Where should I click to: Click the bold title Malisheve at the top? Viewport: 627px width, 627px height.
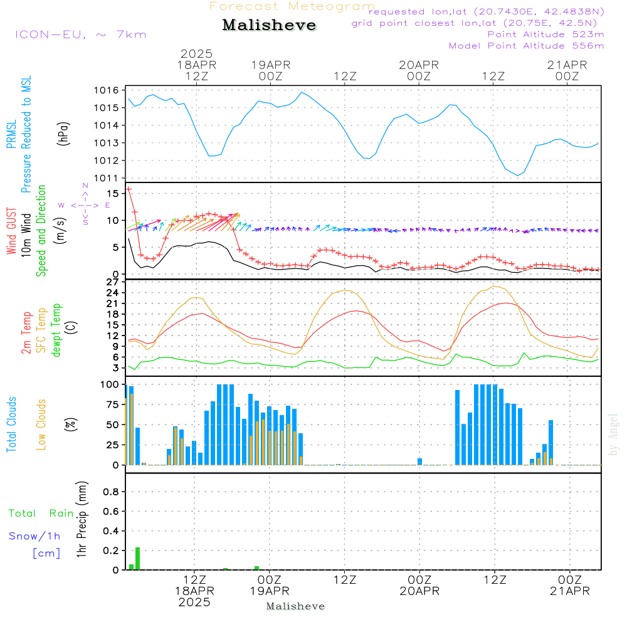(x=269, y=25)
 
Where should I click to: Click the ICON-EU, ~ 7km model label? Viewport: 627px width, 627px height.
(x=80, y=34)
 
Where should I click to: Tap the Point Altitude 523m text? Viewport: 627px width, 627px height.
(x=545, y=34)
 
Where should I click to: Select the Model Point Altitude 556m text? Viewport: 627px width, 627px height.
(x=527, y=46)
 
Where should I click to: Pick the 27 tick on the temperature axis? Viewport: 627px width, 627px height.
(x=113, y=282)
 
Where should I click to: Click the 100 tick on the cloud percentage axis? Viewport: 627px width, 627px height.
(x=110, y=384)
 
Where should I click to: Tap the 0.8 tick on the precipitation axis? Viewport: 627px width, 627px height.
(x=111, y=492)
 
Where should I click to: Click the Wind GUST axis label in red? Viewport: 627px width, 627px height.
(x=12, y=231)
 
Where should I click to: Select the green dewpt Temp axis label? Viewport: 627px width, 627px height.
(x=56, y=330)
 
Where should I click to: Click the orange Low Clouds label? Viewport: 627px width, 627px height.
(x=41, y=424)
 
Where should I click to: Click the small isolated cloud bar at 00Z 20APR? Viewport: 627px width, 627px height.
(x=419, y=461)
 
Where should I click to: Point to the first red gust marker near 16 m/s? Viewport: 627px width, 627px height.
(x=129, y=189)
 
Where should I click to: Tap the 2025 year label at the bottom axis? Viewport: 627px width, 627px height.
(x=195, y=603)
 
